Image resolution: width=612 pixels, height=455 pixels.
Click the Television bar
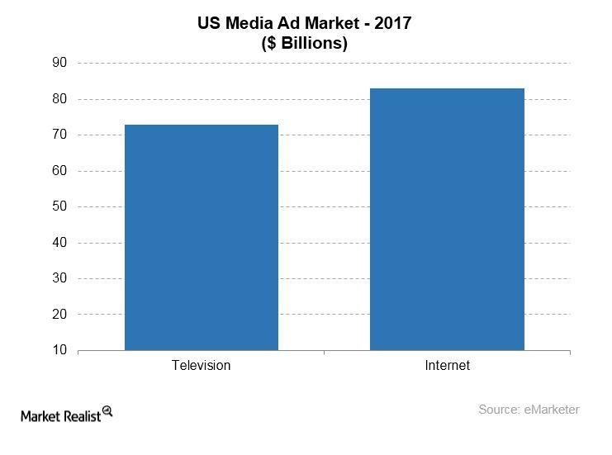pos(201,238)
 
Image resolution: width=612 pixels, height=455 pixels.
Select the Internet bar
pos(447,220)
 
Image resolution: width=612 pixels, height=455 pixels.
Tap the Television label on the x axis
pos(201,365)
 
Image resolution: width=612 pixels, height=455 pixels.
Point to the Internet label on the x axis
pos(447,365)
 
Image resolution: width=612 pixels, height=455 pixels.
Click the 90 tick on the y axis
pos(60,64)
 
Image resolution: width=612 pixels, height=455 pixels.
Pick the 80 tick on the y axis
pos(60,99)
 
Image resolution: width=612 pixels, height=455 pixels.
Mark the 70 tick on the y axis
pos(60,135)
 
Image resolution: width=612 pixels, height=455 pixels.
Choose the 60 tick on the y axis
pos(60,171)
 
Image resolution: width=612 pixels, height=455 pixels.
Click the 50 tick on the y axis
pos(60,207)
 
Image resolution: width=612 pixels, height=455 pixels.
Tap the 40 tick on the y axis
pos(60,243)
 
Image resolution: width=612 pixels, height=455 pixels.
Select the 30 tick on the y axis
pos(60,279)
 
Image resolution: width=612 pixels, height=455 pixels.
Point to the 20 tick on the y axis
pos(60,315)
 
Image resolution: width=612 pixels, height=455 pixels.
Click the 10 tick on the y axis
pos(60,351)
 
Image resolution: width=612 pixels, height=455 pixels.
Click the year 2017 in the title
pos(393,24)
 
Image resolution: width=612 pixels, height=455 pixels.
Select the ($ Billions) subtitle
pos(306,44)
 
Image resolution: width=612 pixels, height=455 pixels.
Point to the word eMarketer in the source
pos(552,410)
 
